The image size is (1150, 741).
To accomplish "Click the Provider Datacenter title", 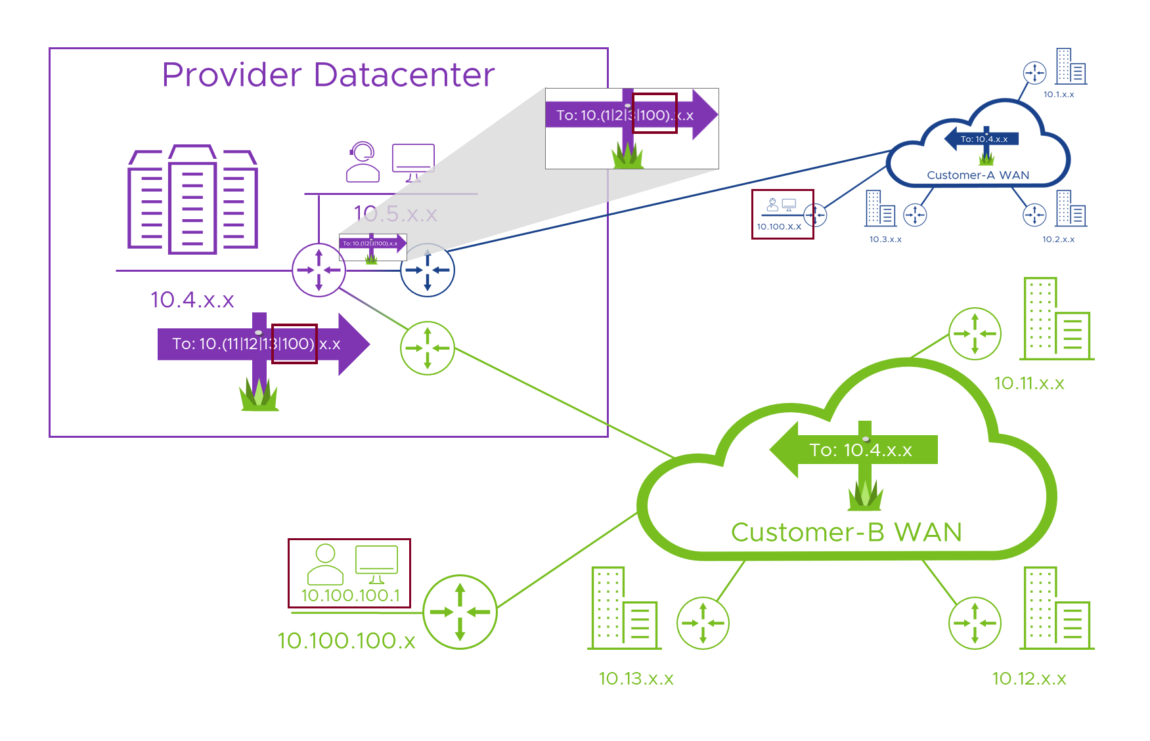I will [x=328, y=75].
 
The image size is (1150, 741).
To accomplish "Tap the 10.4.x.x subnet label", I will [x=192, y=300].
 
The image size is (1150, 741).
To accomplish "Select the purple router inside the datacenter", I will [x=319, y=270].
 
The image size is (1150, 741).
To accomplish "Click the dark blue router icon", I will [x=428, y=270].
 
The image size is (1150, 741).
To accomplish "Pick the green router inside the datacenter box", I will [x=428, y=348].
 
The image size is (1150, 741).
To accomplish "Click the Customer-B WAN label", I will [x=846, y=532].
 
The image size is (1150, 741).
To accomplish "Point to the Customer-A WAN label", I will [x=977, y=175].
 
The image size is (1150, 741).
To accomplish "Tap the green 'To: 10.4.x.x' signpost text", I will [x=860, y=450].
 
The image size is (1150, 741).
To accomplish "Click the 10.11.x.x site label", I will [x=1028, y=383].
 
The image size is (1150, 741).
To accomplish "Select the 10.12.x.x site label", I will [x=1028, y=679].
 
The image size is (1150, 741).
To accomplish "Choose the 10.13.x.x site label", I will [x=636, y=679].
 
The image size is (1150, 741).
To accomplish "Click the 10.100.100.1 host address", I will [x=350, y=595].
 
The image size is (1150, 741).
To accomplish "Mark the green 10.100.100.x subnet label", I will [x=346, y=641].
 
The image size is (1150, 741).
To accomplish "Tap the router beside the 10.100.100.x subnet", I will [x=460, y=612].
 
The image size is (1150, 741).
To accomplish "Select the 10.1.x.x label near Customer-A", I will [x=1059, y=95].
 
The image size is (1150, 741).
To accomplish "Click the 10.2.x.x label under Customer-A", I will [x=1058, y=240].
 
